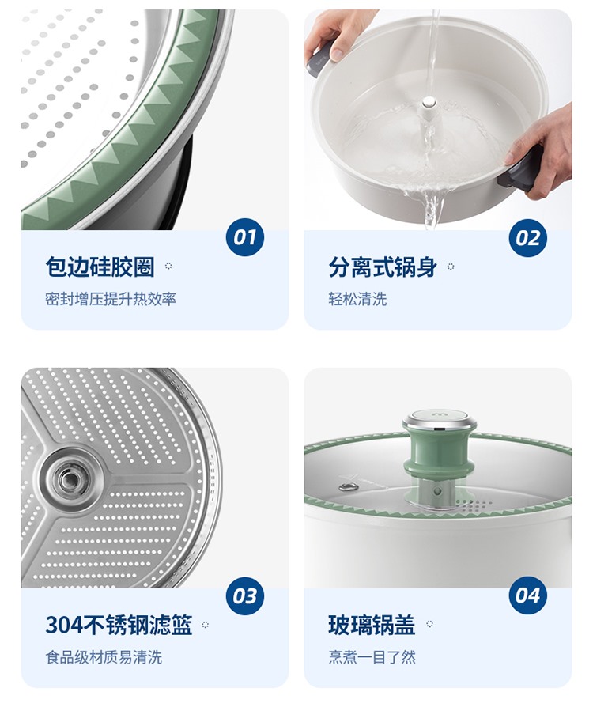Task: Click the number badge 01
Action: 244,236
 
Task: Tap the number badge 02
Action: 527,237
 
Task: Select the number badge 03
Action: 244,595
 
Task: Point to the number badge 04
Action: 527,595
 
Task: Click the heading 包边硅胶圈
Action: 100,267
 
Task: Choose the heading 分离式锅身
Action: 383,267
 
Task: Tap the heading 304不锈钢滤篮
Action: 119,625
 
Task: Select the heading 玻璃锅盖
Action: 371,625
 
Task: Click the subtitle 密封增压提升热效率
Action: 111,298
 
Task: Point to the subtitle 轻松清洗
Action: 357,298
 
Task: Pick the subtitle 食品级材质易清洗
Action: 104,657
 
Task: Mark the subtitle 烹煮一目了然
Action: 372,657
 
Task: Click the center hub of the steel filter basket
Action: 69,478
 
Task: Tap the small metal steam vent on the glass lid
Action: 348,487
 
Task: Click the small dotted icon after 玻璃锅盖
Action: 429,624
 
